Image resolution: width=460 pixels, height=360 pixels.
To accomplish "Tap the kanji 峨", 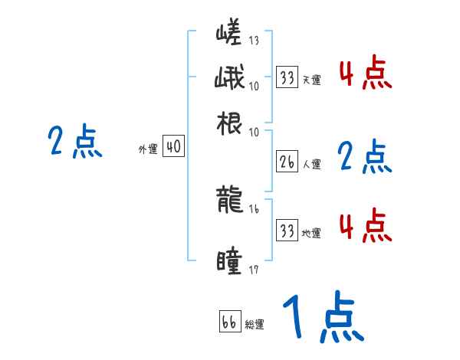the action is (x=230, y=79).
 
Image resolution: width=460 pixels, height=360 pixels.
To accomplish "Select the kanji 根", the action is (x=230, y=123).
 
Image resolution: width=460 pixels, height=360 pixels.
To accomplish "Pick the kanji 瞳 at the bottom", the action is (x=230, y=262).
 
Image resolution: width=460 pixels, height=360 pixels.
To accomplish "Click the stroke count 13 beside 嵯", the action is (x=254, y=41).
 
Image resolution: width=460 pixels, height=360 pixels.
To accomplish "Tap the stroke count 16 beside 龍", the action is (x=254, y=208).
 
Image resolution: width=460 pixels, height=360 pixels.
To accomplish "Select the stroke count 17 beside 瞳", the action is (x=254, y=269).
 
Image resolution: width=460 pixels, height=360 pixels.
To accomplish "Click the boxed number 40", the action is (x=174, y=147).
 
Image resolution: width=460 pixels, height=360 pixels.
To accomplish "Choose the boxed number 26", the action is (x=287, y=162).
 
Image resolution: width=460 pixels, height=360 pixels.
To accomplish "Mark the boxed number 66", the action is (x=229, y=322).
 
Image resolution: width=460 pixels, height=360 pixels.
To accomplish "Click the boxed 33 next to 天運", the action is (x=287, y=77).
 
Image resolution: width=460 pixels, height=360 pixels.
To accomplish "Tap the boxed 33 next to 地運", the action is (x=287, y=231).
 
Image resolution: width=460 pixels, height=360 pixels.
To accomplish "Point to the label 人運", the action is (x=311, y=164).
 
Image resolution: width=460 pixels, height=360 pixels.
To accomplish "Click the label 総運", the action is (x=255, y=324).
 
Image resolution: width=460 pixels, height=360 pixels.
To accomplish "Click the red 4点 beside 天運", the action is (x=365, y=74).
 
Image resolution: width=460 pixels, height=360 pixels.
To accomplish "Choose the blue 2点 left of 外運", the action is (x=74, y=142).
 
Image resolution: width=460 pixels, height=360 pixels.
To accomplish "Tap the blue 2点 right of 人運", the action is (x=364, y=158).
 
